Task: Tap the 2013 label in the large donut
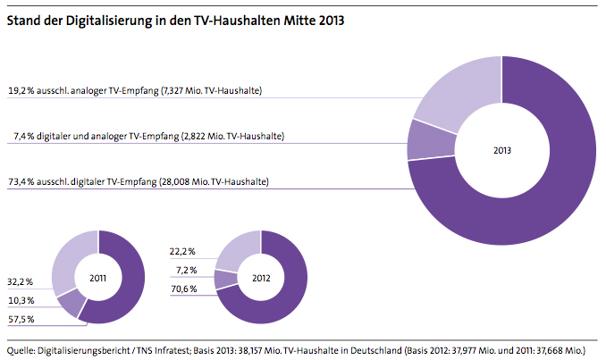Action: [x=501, y=150]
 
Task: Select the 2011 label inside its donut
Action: [x=98, y=278]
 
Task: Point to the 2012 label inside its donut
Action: [x=260, y=278]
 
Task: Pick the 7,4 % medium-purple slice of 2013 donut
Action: [x=421, y=139]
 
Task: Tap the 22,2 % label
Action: [x=184, y=253]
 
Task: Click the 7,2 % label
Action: [x=186, y=269]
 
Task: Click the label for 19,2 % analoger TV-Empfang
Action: [x=134, y=91]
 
